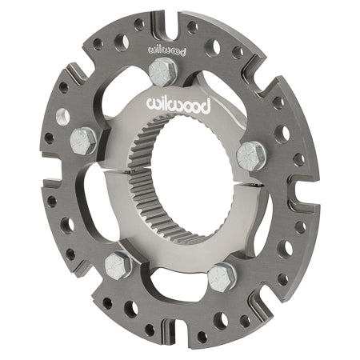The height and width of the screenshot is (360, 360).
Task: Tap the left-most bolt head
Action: (85, 140)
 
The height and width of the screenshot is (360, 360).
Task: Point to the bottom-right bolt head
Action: (222, 276)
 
